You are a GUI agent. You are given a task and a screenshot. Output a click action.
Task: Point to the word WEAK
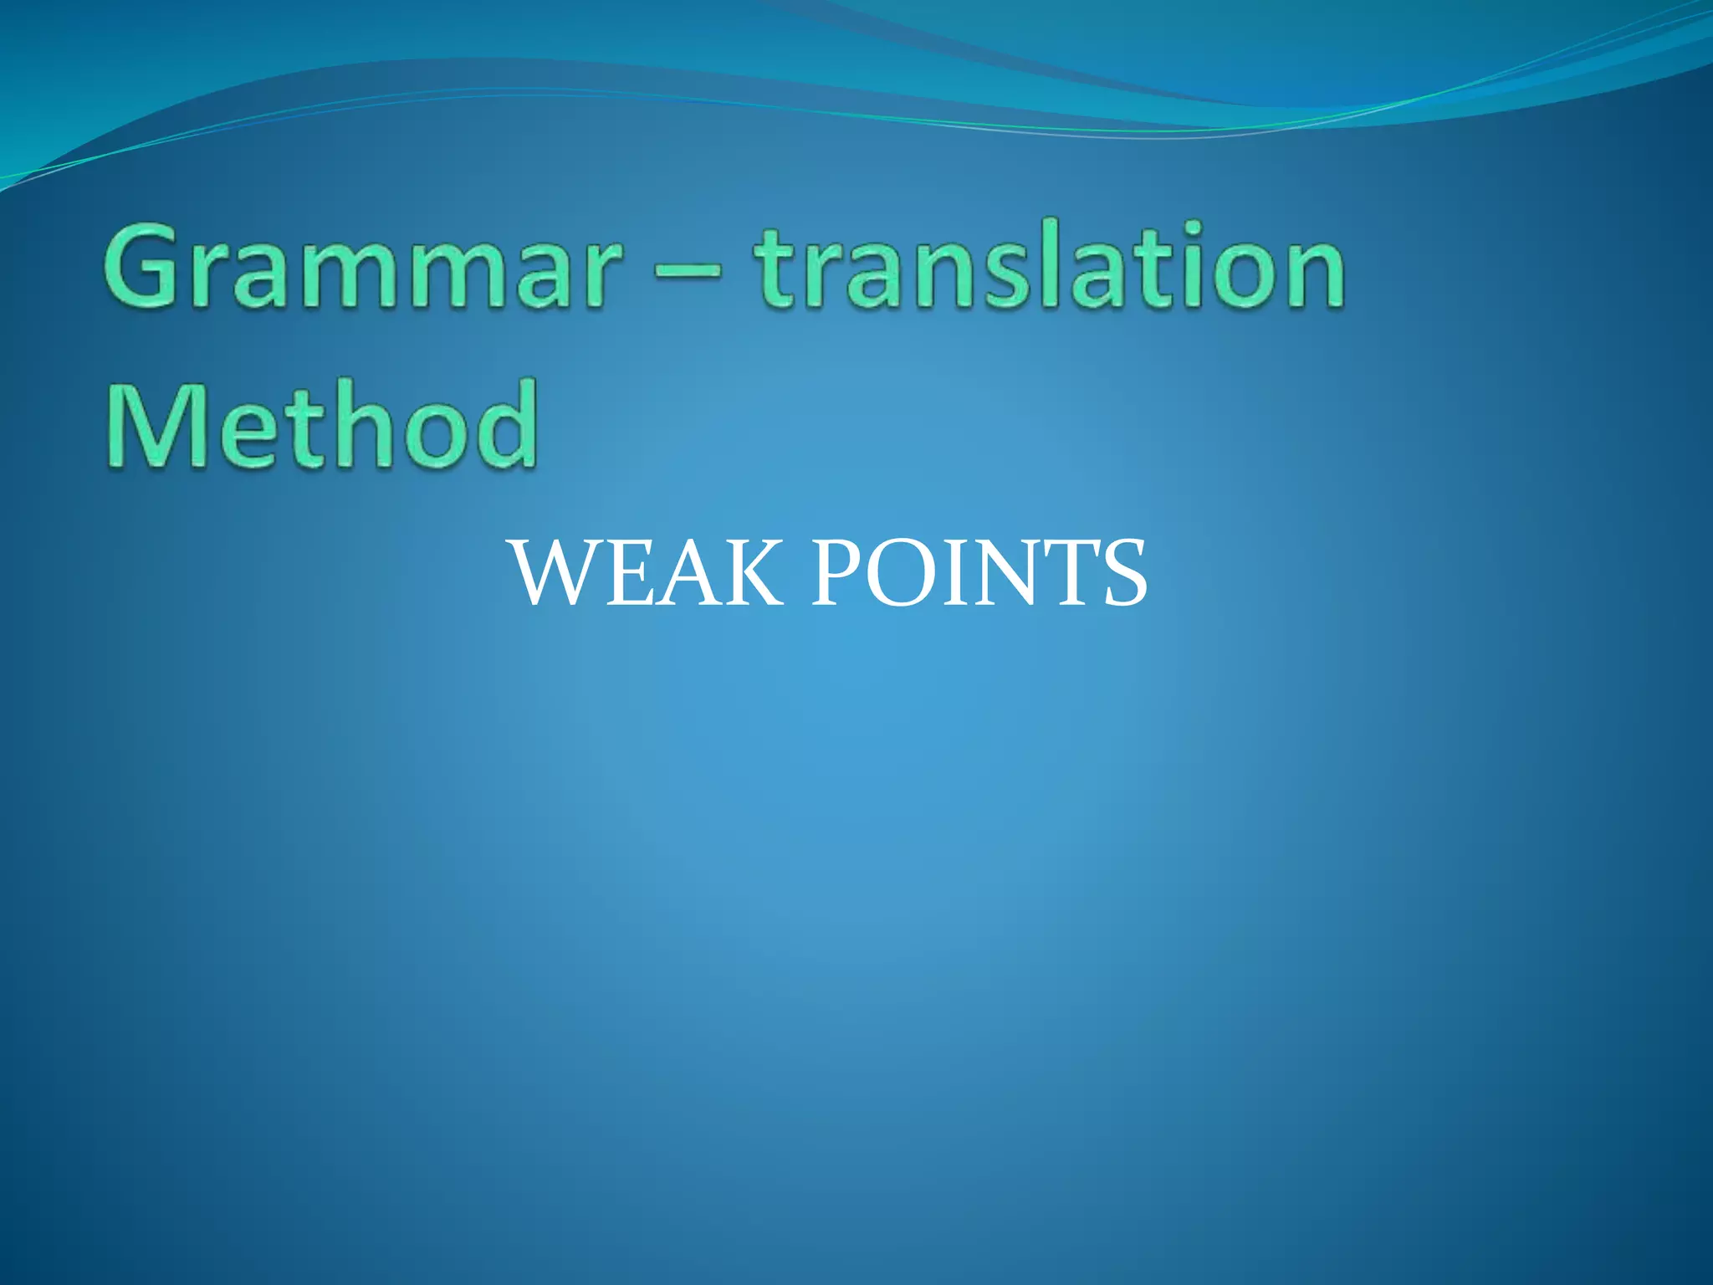[x=648, y=575]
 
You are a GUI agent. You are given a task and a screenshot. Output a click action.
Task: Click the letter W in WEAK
[x=561, y=575]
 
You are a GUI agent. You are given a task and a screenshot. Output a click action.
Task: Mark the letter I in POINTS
[x=953, y=575]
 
